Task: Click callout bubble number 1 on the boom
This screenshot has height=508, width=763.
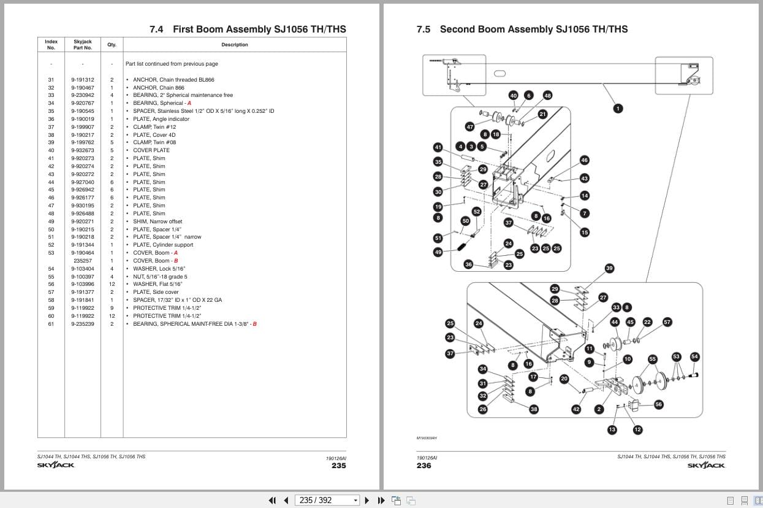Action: [x=618, y=109]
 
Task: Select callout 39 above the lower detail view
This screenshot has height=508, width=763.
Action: [x=609, y=268]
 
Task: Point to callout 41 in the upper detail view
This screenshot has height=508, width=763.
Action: [x=438, y=147]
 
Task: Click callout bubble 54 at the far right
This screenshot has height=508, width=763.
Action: [x=694, y=356]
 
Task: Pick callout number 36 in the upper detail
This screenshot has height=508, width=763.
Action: [x=468, y=264]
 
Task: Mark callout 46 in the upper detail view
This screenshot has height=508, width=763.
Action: [x=584, y=160]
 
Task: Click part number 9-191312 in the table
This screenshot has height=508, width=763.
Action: [x=82, y=80]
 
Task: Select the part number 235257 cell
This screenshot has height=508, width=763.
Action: [x=82, y=261]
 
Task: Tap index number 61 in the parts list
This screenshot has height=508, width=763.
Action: [x=51, y=324]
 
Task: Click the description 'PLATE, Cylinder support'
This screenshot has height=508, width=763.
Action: [x=163, y=245]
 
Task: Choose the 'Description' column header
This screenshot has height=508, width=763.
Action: [x=235, y=45]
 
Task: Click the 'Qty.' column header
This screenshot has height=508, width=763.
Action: [x=112, y=45]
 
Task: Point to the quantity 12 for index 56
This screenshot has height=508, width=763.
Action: [x=112, y=284]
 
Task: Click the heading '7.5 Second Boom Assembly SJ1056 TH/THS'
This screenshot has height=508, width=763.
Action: [x=522, y=29]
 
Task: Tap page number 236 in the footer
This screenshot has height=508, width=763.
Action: [x=423, y=466]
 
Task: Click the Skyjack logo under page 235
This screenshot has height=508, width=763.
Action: [x=56, y=465]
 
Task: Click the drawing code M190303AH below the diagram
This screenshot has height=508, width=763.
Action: [x=427, y=438]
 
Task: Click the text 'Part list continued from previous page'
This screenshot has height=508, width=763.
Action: [x=172, y=64]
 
